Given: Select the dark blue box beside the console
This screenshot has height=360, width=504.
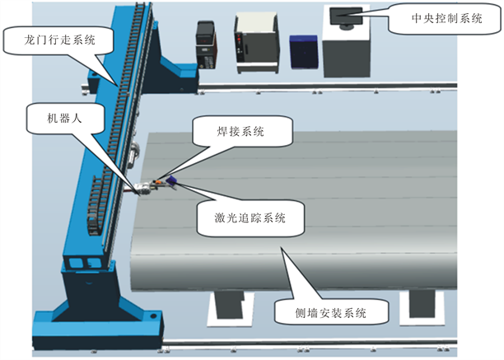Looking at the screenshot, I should [x=304, y=50].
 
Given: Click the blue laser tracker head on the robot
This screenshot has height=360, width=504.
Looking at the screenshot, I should [x=172, y=179].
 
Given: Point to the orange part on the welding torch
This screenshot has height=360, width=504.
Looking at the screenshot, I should [x=161, y=183].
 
